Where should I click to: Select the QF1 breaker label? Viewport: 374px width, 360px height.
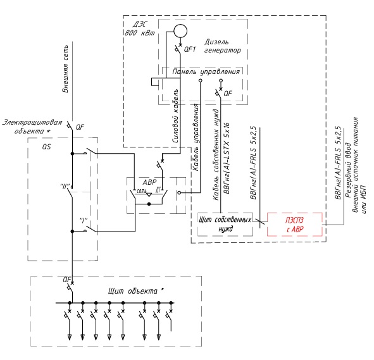point(190,49)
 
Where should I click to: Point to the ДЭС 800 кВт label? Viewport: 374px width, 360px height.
point(140,28)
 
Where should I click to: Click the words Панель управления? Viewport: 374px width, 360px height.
point(206,71)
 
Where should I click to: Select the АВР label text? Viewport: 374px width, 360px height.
point(149,182)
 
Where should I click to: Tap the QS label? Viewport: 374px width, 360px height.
point(46,147)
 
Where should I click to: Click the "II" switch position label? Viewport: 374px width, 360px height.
point(65,186)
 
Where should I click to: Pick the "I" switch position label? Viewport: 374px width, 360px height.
point(84,221)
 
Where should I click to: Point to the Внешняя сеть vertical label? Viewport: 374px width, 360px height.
point(65,69)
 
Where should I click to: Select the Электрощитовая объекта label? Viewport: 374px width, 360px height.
point(32,127)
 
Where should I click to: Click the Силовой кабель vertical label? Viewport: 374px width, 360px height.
point(175,116)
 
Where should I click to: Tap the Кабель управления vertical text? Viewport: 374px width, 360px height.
point(196,137)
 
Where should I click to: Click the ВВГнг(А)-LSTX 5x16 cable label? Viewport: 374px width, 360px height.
point(227,158)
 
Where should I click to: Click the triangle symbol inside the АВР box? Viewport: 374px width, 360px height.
point(149,194)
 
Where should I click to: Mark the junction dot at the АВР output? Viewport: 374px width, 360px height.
point(149,204)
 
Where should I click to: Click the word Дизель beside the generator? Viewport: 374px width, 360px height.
point(216,42)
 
